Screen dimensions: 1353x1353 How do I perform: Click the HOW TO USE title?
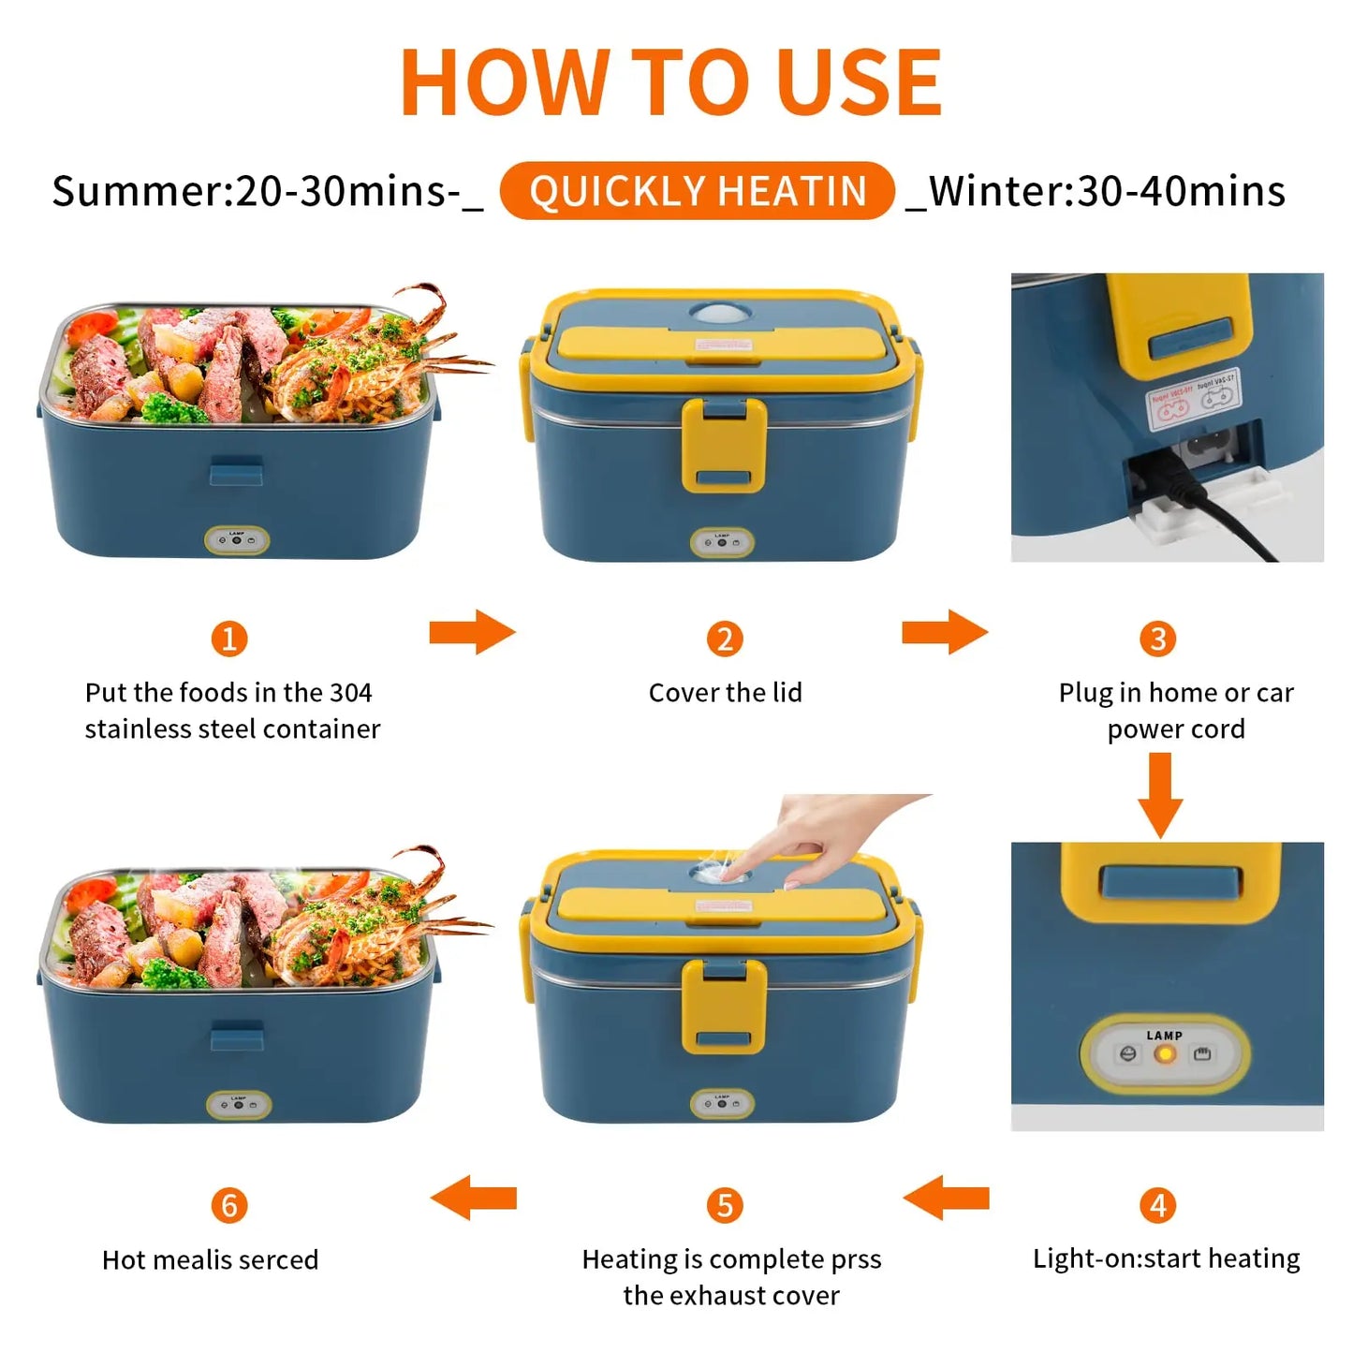pyautogui.click(x=670, y=82)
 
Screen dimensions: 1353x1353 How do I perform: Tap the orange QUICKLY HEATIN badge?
pyautogui.click(x=698, y=191)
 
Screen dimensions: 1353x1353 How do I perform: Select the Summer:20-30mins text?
pyautogui.click(x=267, y=191)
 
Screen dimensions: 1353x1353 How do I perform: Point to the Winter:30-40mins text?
pyautogui.click(x=1096, y=191)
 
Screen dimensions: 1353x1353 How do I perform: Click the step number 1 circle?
pyautogui.click(x=229, y=640)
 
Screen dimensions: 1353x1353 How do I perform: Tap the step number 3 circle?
pyautogui.click(x=1158, y=640)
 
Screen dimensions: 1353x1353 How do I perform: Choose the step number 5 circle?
pyautogui.click(x=725, y=1205)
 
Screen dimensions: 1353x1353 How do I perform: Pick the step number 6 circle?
pyautogui.click(x=229, y=1205)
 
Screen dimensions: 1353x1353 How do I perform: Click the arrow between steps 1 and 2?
pyautogui.click(x=472, y=633)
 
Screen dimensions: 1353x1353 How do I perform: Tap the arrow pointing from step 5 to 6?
pyautogui.click(x=474, y=1198)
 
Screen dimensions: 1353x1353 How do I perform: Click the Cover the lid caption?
pyautogui.click(x=725, y=693)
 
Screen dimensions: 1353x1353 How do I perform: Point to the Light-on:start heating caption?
pyautogui.click(x=1166, y=1258)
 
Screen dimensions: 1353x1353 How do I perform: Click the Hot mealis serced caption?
pyautogui.click(x=210, y=1259)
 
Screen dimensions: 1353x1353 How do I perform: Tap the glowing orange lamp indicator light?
pyautogui.click(x=1165, y=1054)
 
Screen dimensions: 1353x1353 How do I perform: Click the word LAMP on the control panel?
pyautogui.click(x=1165, y=1036)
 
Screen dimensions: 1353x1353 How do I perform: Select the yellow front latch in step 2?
pyautogui.click(x=724, y=445)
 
